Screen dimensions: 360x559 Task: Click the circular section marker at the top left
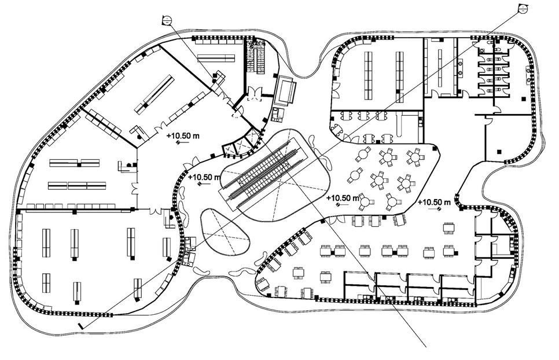[167, 20]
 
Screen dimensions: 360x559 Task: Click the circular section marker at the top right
[523, 8]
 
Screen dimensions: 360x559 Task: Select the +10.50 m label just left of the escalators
[204, 177]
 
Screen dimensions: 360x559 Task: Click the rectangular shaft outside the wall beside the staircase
[286, 89]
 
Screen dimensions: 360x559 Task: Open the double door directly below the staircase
[255, 94]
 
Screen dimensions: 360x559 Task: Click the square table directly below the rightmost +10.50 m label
[449, 228]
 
